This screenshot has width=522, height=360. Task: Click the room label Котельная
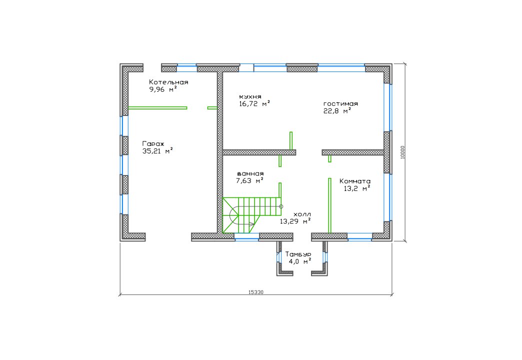[168, 82]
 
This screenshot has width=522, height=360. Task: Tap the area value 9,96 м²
[163, 89]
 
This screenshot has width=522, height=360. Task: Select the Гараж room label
[153, 144]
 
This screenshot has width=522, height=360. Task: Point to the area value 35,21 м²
[157, 151]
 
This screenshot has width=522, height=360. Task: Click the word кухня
[250, 96]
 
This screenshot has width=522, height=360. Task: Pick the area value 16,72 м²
[254, 103]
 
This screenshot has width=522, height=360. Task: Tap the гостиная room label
[340, 103]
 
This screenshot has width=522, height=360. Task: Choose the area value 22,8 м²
[337, 111]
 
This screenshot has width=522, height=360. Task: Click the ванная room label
[250, 173]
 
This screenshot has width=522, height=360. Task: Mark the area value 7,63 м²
[249, 181]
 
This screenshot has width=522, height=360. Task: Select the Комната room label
[355, 181]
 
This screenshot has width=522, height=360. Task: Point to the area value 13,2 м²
[357, 188]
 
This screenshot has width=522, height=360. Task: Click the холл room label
[302, 214]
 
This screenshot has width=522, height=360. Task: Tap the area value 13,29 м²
[295, 221]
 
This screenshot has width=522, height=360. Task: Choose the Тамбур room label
[298, 254]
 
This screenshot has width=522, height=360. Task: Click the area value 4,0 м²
[300, 261]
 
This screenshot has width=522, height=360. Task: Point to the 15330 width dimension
[256, 292]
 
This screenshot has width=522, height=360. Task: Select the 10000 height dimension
[403, 152]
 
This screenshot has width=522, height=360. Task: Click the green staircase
[251, 215]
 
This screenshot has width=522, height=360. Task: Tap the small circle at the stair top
[281, 206]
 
